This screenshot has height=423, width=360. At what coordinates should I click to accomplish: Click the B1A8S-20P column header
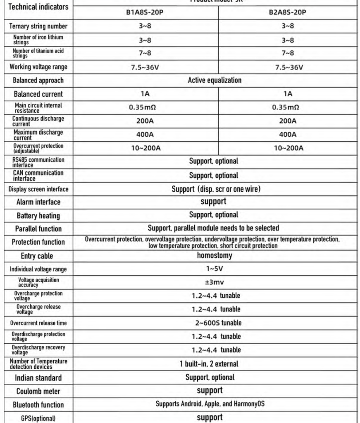pos(144,12)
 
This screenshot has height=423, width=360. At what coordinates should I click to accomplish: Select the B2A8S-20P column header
pos(288,12)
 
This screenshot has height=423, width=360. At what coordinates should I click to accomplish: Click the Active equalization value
pos(215,80)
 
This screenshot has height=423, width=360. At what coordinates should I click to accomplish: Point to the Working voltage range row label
pos(38,67)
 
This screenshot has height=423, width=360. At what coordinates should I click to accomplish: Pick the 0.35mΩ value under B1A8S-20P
pos(143,107)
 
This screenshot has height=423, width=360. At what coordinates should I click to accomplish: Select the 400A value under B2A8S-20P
pos(288,134)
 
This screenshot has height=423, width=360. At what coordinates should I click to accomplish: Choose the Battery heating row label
pos(38,216)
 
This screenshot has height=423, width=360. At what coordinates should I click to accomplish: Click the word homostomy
pos(215,255)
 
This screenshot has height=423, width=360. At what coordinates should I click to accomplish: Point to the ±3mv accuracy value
pos(215,283)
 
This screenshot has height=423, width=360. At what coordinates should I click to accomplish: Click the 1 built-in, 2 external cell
pos(215,364)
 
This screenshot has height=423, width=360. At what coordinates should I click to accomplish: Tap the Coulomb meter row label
pos(38,391)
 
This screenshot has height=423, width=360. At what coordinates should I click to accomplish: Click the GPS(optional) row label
pos(38,418)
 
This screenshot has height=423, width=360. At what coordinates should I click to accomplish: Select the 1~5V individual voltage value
pos(215,269)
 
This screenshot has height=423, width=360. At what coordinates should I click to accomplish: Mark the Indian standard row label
pos(38,378)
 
